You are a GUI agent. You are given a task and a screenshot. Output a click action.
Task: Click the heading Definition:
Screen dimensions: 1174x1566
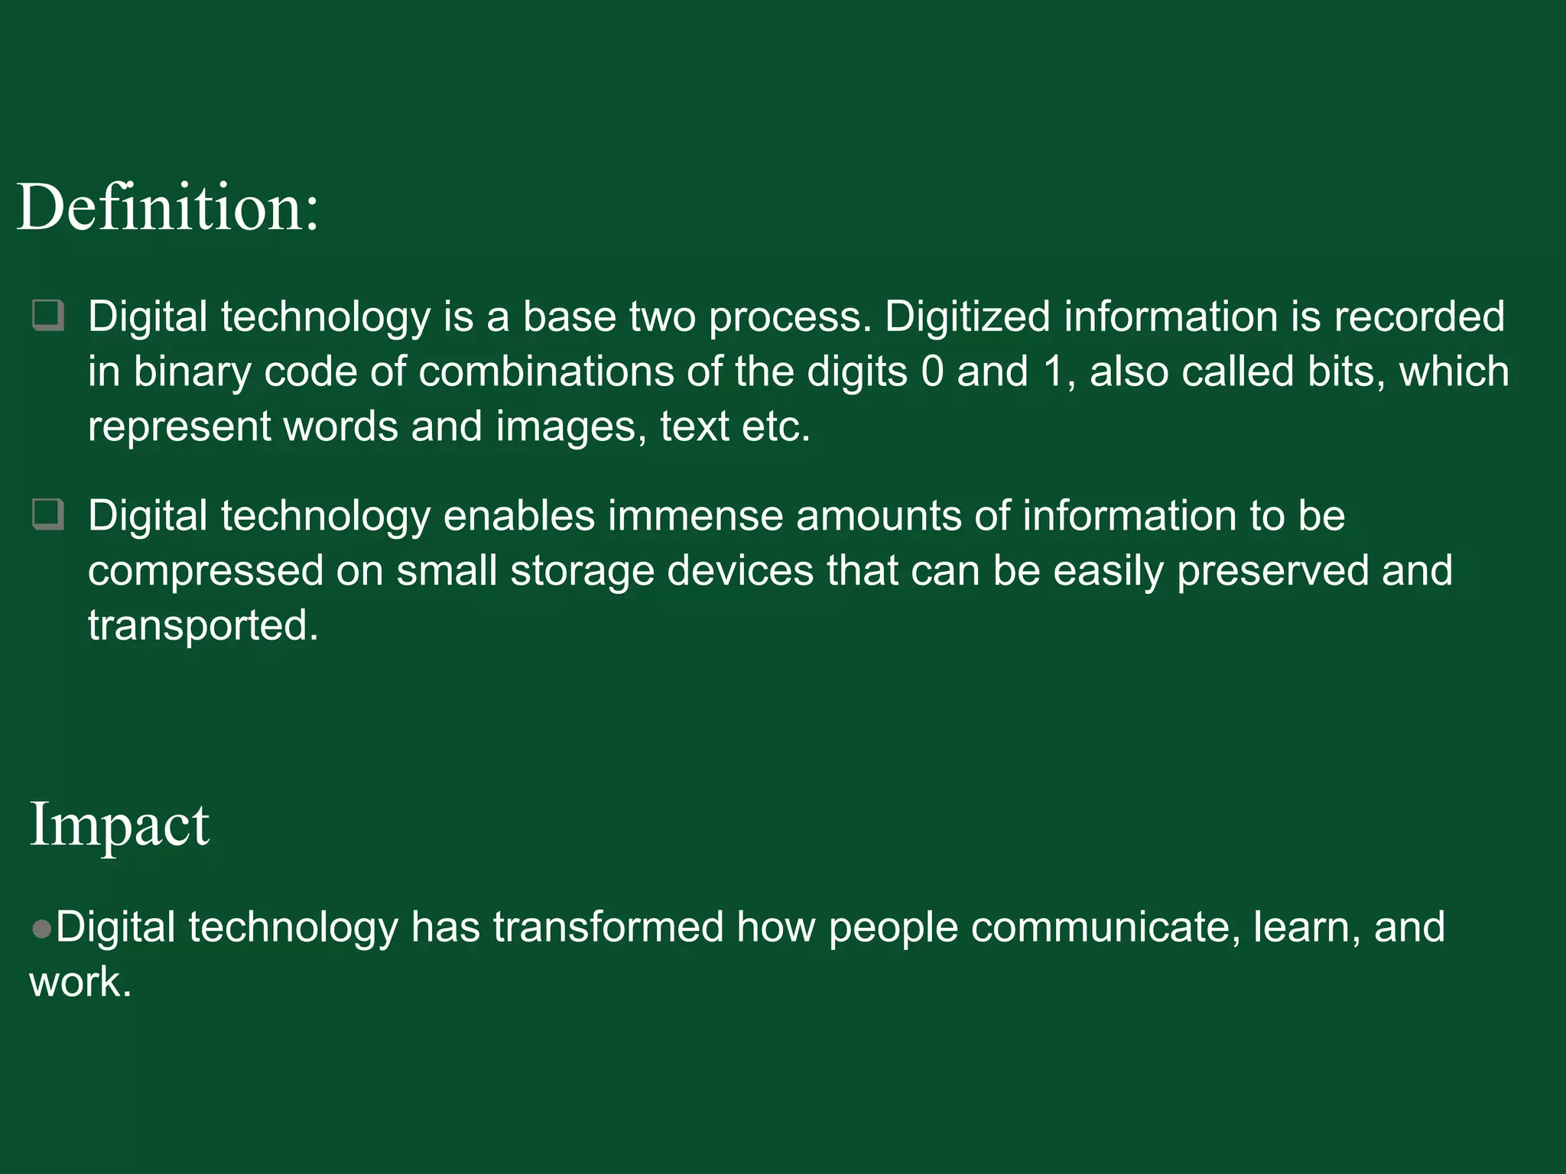[x=167, y=207]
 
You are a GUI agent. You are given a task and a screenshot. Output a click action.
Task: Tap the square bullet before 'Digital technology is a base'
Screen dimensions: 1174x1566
[x=48, y=316]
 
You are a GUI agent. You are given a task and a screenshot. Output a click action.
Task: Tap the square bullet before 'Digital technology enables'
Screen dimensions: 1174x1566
[x=48, y=514]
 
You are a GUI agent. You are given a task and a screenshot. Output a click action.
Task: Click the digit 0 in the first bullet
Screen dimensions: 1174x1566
[x=933, y=372]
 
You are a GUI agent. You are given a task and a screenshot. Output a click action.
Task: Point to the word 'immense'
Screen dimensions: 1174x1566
[x=695, y=516]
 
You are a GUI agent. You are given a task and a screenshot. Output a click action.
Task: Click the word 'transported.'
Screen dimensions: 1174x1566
[x=203, y=626]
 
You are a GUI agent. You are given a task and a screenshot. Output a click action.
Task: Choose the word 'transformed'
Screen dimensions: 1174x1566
[x=608, y=927]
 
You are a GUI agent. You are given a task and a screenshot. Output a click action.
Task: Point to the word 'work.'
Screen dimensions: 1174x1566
[x=80, y=982]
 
